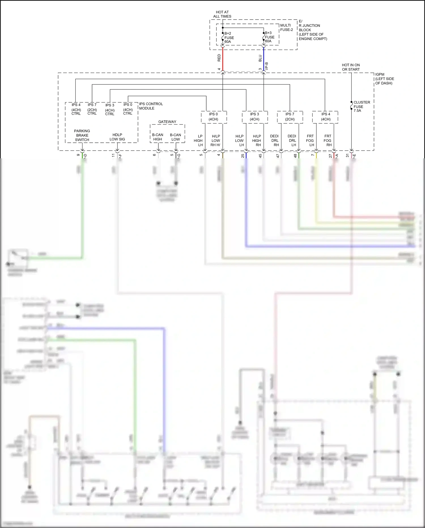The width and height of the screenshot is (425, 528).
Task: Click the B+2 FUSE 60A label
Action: (229, 37)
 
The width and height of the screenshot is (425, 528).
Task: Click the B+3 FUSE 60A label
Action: (269, 37)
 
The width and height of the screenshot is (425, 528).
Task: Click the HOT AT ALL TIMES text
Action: (222, 14)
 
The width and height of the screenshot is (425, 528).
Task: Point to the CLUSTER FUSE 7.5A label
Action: (361, 106)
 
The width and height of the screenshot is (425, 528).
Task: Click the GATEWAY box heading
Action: (167, 122)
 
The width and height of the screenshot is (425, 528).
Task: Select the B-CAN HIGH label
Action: (158, 137)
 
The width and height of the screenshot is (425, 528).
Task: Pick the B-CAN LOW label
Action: (175, 137)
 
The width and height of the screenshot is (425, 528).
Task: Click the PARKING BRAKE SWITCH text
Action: (82, 135)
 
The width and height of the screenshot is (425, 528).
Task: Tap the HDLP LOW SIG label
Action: (117, 137)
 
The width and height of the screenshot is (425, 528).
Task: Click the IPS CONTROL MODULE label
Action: (151, 106)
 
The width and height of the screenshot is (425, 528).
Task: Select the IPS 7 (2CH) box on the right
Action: (290, 117)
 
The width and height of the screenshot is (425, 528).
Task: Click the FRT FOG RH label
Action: (328, 140)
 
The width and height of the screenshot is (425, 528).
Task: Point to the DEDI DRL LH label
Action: (292, 140)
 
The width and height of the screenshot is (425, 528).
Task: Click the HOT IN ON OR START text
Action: (351, 67)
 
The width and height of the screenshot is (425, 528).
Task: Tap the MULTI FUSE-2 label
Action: (286, 28)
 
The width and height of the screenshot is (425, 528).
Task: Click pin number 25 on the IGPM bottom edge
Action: (243, 156)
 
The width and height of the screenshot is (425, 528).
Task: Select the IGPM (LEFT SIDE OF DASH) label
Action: (384, 79)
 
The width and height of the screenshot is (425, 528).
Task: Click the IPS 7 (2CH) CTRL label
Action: (92, 109)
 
